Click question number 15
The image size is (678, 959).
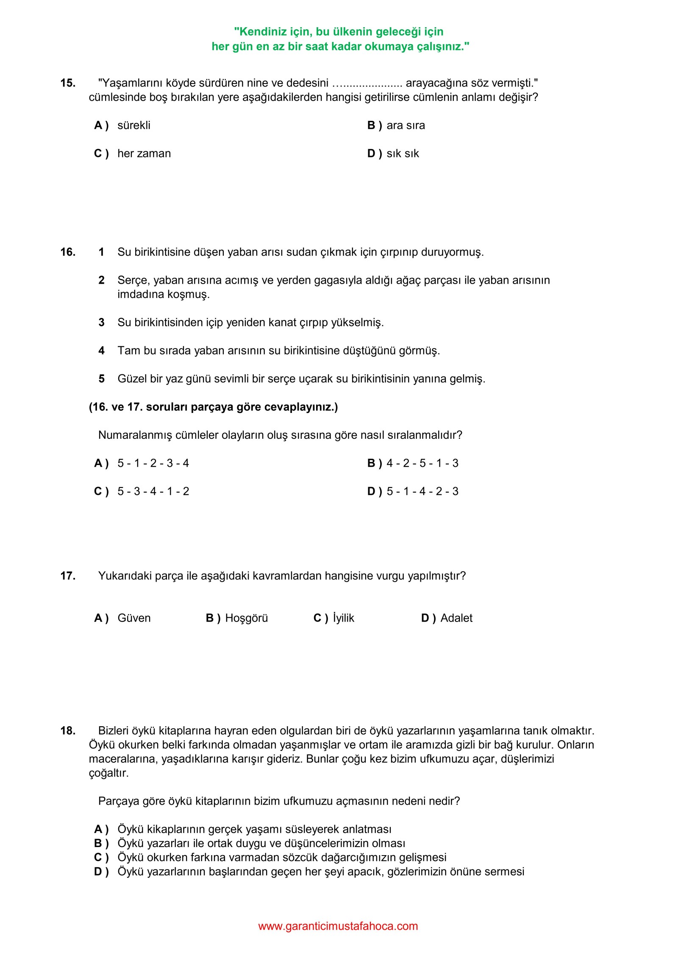pyautogui.click(x=68, y=83)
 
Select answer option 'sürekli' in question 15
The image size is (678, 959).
pyautogui.click(x=133, y=125)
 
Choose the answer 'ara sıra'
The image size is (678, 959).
pyautogui.click(x=405, y=125)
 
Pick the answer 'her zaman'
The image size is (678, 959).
pyautogui.click(x=144, y=153)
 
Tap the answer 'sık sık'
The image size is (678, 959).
pyautogui.click(x=402, y=153)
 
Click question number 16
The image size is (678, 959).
pyautogui.click(x=68, y=252)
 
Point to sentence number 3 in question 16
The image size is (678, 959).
pyautogui.click(x=101, y=323)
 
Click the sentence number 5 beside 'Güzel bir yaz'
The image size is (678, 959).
pyautogui.click(x=101, y=379)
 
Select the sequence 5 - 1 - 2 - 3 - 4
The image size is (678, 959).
pyautogui.click(x=153, y=463)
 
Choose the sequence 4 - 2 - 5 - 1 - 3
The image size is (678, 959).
pyautogui.click(x=422, y=463)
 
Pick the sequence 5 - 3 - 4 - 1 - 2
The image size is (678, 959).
pyautogui.click(x=153, y=491)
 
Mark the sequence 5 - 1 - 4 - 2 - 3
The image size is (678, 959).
pyautogui.click(x=422, y=491)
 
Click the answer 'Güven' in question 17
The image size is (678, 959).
pyautogui.click(x=134, y=618)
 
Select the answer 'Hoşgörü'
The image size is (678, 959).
pyautogui.click(x=246, y=618)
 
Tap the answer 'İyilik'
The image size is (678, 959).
pyautogui.click(x=343, y=618)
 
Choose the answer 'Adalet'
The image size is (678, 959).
pyautogui.click(x=456, y=618)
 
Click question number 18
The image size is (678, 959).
pyautogui.click(x=68, y=730)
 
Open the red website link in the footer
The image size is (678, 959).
pyautogui.click(x=338, y=926)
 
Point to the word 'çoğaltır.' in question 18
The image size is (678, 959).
pyautogui.click(x=108, y=773)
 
